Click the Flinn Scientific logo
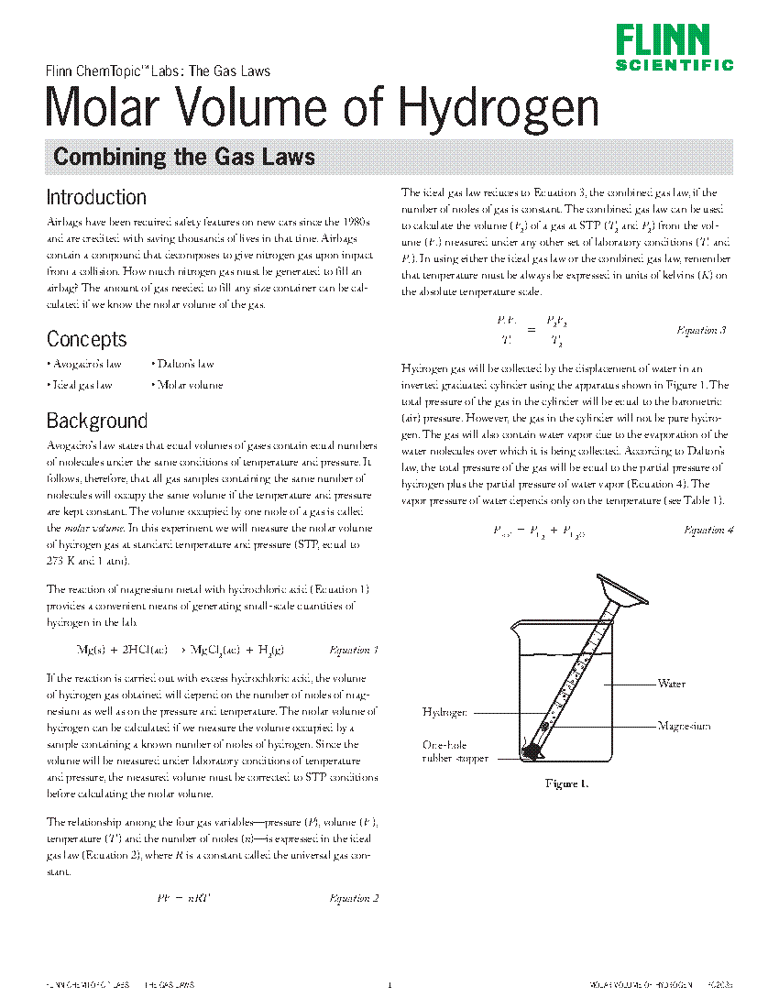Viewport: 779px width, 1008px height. [674, 48]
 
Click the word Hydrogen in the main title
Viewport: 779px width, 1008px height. [499, 108]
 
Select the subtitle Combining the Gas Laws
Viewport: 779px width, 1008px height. [184, 157]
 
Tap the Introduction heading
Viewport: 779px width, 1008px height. [96, 197]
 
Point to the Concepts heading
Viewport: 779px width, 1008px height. [86, 339]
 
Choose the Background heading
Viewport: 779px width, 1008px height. [96, 421]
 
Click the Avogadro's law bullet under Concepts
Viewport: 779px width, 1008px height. [84, 364]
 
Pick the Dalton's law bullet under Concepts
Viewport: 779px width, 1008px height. [183, 364]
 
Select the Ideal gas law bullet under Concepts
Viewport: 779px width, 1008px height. [80, 385]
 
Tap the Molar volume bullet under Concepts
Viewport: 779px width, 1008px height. [187, 385]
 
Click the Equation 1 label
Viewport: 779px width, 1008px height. [353, 650]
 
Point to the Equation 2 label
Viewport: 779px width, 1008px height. [353, 898]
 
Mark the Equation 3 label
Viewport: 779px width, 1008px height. [701, 330]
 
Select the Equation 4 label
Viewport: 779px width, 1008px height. [708, 530]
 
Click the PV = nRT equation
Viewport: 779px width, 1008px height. [184, 898]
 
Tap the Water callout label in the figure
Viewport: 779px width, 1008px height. [671, 684]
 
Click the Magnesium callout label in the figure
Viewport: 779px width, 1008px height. [683, 726]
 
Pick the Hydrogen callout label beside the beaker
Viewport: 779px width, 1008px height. [444, 712]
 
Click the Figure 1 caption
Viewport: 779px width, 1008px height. [566, 783]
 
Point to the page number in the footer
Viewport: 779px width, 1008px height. [389, 985]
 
